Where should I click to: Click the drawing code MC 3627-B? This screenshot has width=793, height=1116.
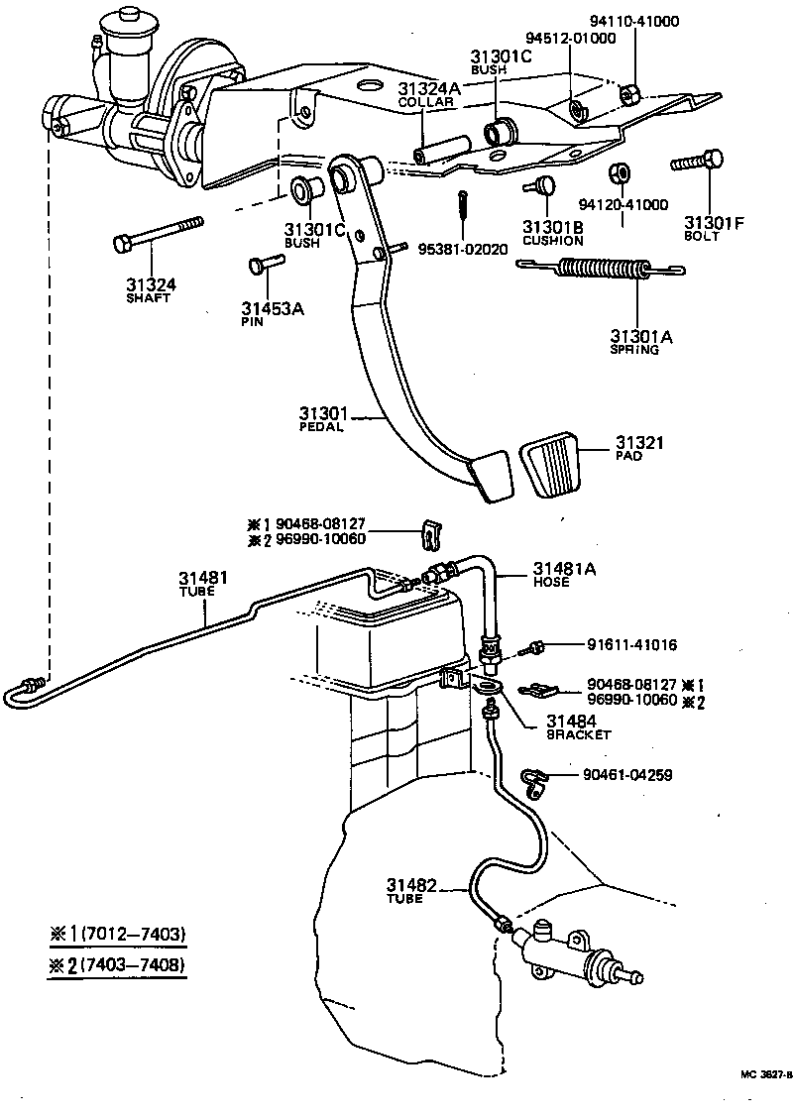pos(765,1073)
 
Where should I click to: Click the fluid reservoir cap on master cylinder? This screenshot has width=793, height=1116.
pos(128,17)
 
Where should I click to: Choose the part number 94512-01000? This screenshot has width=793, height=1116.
pos(570,38)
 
